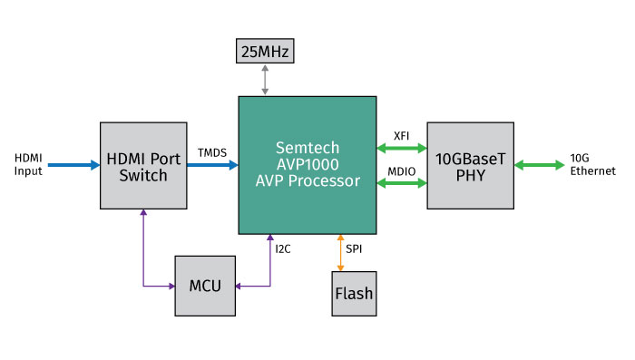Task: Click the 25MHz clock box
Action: [x=264, y=53]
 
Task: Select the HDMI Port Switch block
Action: [x=143, y=166]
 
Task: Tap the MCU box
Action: [x=204, y=286]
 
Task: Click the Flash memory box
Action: [x=353, y=294]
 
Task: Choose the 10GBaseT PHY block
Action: [x=469, y=166]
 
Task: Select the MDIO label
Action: [x=401, y=170]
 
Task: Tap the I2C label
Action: [x=285, y=245]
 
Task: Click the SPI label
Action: [x=353, y=246]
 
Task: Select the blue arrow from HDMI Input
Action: [x=73, y=166]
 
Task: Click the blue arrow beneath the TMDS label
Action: [x=211, y=166]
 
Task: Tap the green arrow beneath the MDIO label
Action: [x=402, y=183]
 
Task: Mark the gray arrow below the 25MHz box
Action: [x=264, y=79]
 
